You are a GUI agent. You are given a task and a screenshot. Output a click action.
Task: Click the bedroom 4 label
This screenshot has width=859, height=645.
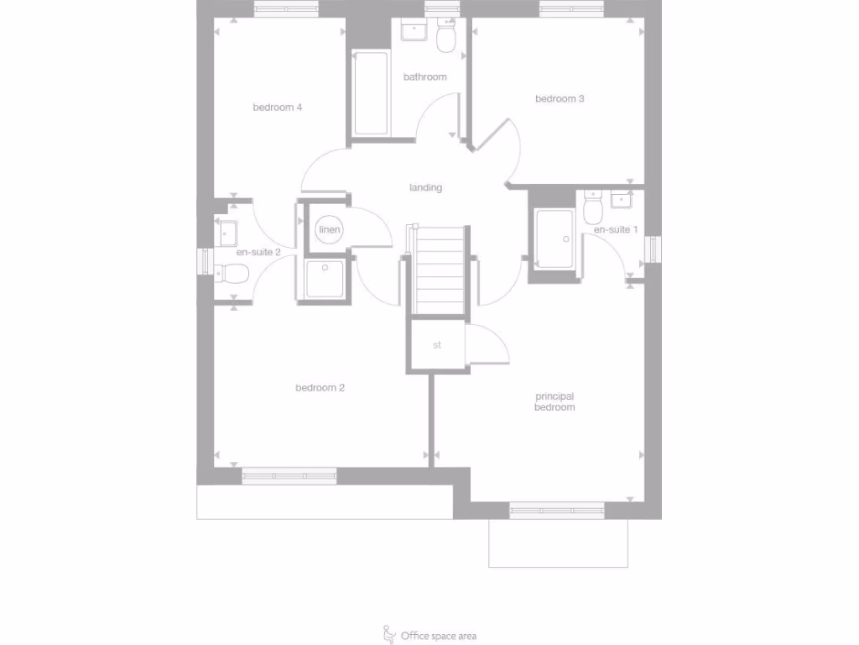pos(277,107)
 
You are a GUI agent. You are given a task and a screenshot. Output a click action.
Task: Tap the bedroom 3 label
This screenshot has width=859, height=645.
pos(560,99)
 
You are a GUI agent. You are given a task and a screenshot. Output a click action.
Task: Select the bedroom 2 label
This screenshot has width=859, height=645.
pos(320,388)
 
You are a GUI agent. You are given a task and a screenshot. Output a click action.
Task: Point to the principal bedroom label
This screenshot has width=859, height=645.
pos(554,401)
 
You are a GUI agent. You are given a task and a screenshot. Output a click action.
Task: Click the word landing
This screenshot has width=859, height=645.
pos(425,188)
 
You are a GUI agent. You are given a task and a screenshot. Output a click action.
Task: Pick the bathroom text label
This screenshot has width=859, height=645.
pos(424,77)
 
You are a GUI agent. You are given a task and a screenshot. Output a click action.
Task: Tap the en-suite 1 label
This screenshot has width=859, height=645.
pos(616,230)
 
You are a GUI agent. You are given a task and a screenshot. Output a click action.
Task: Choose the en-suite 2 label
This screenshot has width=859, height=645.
pos(258,252)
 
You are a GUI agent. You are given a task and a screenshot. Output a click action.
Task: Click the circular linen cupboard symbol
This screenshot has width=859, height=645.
pos(328,230)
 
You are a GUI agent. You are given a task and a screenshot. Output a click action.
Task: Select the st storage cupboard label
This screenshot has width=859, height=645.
pos(437,345)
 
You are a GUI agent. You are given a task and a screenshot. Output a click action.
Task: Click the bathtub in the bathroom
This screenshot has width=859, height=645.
pos(371,94)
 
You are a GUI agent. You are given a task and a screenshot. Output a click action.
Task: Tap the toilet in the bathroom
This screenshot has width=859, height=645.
pos(445,37)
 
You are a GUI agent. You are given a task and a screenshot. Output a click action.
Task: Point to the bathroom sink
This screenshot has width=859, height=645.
pos(414,32)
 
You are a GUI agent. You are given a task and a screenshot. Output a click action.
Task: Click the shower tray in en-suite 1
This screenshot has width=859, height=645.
pos(554,239)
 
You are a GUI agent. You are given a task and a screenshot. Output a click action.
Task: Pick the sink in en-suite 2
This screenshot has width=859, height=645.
pos(226,231)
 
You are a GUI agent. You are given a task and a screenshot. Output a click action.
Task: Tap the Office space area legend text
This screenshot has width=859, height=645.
pos(439,636)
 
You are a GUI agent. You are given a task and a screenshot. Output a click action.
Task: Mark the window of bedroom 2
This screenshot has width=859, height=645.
pos(289,476)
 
